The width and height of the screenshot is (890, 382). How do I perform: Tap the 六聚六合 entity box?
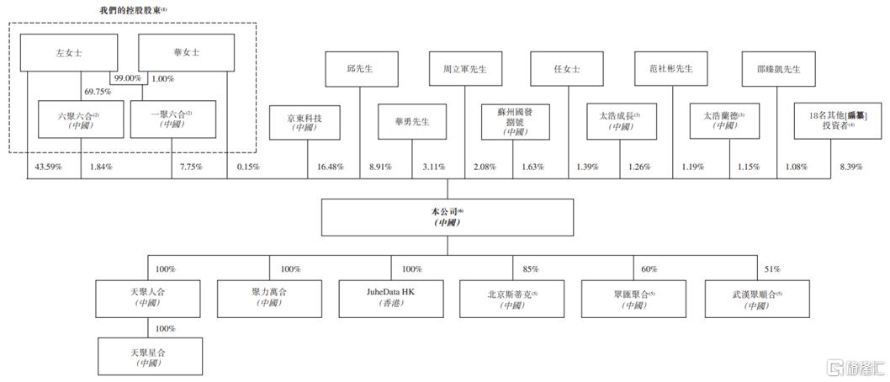tap(81, 119)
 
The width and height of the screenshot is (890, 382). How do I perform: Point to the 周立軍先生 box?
tap(464, 69)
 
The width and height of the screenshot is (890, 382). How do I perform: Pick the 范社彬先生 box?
tap(670, 69)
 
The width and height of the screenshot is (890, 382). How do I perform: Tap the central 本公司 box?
tap(448, 217)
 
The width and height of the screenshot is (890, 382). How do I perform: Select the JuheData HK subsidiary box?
tap(390, 299)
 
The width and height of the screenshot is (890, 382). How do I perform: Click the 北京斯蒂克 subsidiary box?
tap(511, 299)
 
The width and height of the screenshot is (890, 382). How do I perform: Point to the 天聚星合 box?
tap(149, 356)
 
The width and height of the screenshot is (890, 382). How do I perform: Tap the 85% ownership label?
tap(530, 269)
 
